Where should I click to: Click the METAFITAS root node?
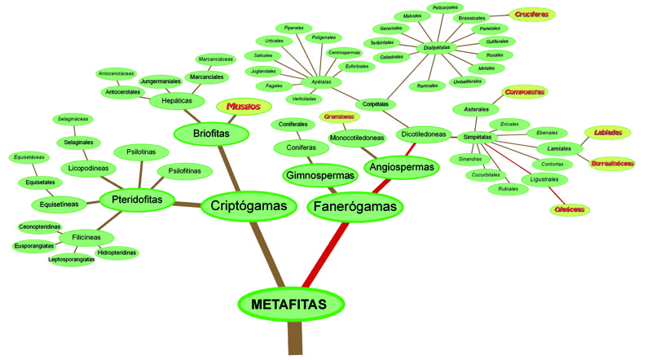click(x=289, y=305)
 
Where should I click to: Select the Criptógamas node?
click(x=249, y=206)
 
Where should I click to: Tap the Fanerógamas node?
click(x=358, y=207)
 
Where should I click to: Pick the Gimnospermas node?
click(x=319, y=175)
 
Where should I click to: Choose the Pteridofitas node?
click(x=132, y=198)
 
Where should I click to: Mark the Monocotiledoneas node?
click(x=357, y=138)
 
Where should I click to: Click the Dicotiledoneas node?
click(x=425, y=134)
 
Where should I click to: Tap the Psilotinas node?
click(x=148, y=151)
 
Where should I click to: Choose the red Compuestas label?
click(x=524, y=92)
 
